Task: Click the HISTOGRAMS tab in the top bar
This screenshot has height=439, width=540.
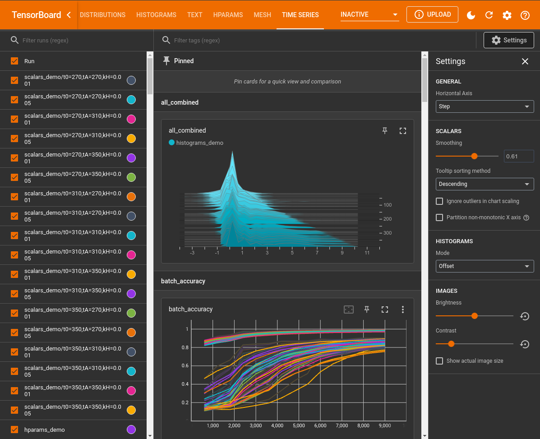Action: click(156, 15)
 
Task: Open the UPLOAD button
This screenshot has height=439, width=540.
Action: click(432, 14)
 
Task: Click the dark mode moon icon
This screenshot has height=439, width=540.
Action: click(471, 15)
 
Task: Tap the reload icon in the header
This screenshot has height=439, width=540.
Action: click(489, 15)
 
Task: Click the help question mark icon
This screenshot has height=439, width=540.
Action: click(525, 15)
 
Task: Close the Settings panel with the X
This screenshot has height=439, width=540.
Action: click(525, 61)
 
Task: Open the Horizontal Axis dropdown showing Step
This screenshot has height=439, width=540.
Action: click(485, 106)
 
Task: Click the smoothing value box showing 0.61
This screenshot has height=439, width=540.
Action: click(518, 157)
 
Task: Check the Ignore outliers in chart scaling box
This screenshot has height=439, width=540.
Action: click(439, 201)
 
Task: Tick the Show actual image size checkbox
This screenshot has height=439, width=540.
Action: click(439, 361)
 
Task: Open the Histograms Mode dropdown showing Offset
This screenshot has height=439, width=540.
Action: click(485, 266)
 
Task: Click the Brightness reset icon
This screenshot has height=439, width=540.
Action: click(524, 316)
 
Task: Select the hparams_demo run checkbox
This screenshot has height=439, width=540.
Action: click(14, 430)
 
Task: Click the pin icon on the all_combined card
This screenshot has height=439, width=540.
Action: click(385, 131)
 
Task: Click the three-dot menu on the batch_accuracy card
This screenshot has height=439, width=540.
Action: click(403, 310)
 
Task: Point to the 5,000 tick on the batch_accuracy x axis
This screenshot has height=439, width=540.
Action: click(299, 425)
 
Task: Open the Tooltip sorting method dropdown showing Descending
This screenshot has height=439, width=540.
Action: click(485, 184)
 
